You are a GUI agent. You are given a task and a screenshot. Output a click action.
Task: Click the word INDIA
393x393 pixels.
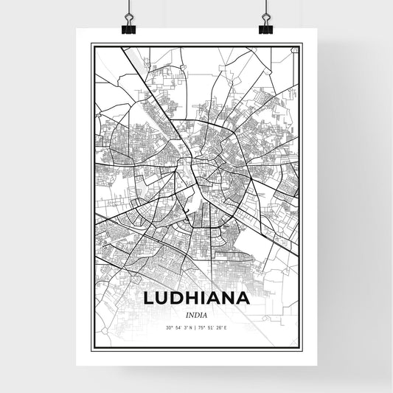[x=196, y=314]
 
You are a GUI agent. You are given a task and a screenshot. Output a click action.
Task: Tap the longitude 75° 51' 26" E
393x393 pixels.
[x=214, y=327]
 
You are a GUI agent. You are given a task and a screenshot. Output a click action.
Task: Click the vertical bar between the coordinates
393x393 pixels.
[x=196, y=327]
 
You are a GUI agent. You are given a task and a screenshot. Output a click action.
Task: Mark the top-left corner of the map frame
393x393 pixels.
[x=91, y=45]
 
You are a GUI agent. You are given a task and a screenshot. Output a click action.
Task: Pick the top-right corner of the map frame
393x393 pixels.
[x=302, y=45]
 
